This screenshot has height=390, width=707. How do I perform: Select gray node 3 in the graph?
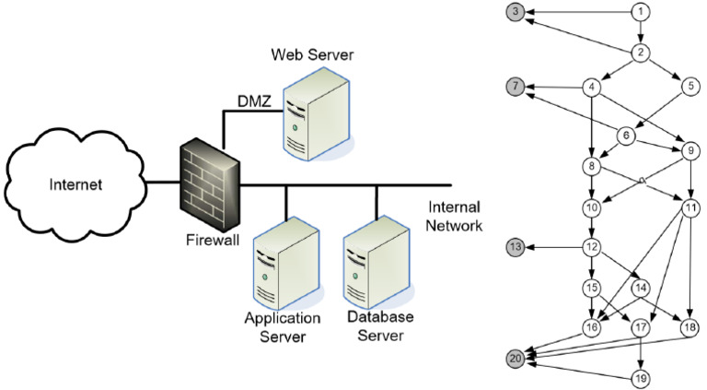click(516, 12)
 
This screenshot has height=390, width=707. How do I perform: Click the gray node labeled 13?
click(516, 247)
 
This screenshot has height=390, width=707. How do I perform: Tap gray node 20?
click(516, 357)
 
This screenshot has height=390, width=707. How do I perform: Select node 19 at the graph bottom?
click(641, 378)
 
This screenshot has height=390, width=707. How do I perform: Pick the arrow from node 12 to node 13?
click(555, 247)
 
